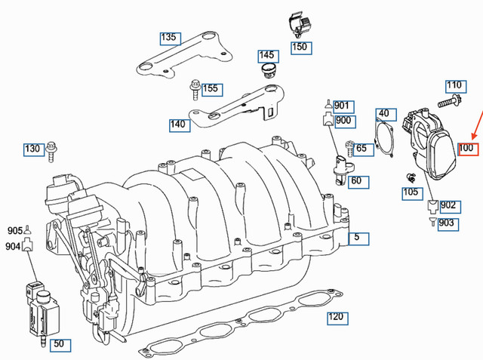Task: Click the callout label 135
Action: [168, 37]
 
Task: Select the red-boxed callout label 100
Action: [466, 148]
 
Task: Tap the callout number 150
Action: [300, 47]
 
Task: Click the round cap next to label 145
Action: [266, 71]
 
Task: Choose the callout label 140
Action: [178, 125]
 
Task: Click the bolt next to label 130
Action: [51, 150]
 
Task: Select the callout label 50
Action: [62, 345]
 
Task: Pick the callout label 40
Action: [383, 114]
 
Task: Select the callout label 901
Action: [342, 106]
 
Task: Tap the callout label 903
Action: [448, 223]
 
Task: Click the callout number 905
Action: [15, 230]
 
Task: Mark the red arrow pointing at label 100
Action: [476, 125]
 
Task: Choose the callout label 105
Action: [410, 192]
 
